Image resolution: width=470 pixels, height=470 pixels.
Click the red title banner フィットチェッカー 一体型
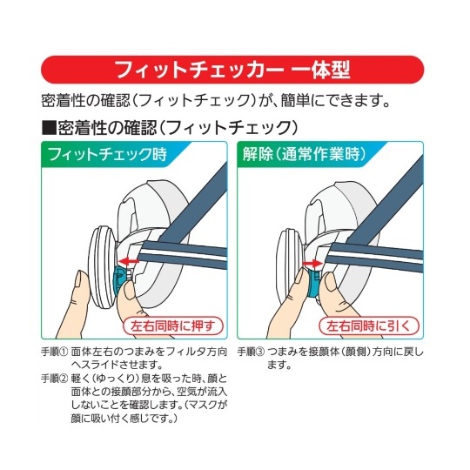[x=234, y=68]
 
